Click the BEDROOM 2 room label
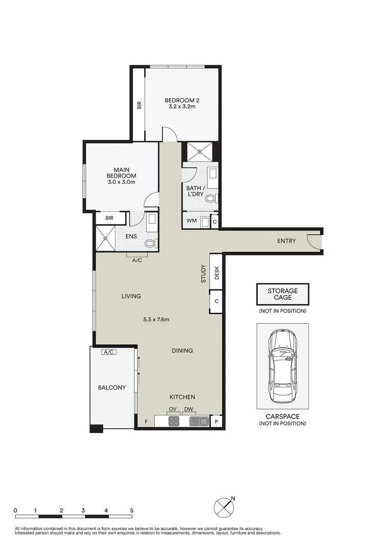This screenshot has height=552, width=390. tap(181, 100)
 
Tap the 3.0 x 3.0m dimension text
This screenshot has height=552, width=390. tap(122, 182)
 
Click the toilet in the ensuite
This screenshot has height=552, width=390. tap(151, 243)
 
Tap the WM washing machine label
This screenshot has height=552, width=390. tap(191, 221)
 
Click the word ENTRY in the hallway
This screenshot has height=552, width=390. tap(286, 241)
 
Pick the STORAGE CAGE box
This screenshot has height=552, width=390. tap(283, 294)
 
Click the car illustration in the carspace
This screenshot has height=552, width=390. tap(283, 366)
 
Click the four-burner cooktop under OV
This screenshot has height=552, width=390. tap(174, 422)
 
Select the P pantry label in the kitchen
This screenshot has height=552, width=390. tap(216, 422)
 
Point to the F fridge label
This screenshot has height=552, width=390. tap(146, 422)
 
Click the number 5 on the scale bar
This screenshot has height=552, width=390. tap(132, 510)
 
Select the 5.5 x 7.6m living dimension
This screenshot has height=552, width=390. tap(156, 320)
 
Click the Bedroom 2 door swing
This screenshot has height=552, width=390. tap(170, 135)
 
